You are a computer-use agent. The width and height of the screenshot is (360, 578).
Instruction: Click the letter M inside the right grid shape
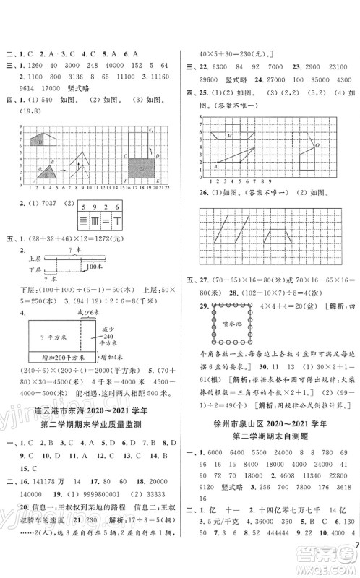[x=230, y=137]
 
